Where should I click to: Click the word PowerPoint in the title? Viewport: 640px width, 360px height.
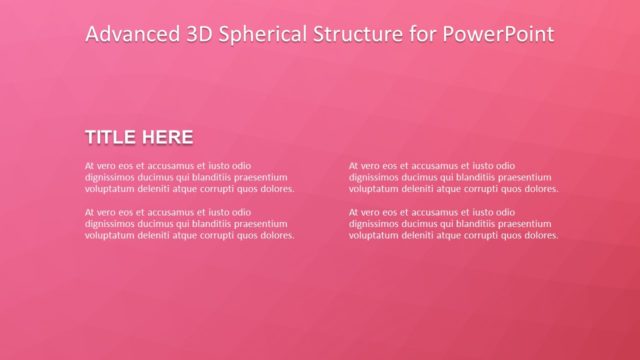tap(501, 35)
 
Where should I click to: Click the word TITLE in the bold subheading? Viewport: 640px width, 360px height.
tap(112, 137)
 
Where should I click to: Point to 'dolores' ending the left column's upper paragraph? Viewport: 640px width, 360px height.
tap(275, 188)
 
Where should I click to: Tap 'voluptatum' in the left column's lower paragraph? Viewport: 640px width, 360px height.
tap(108, 236)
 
